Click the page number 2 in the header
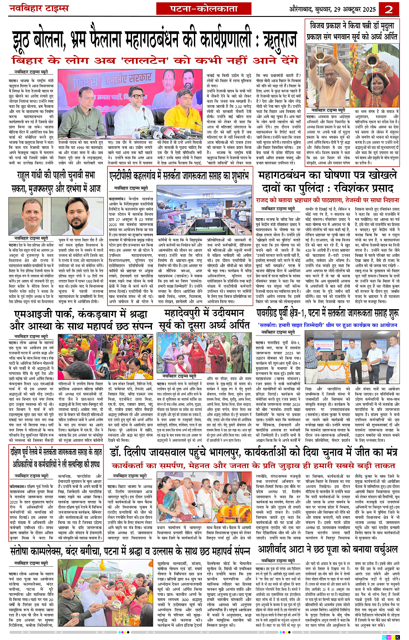[389, 9]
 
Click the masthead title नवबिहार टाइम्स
[39, 9]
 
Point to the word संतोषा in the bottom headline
[26, 551]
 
